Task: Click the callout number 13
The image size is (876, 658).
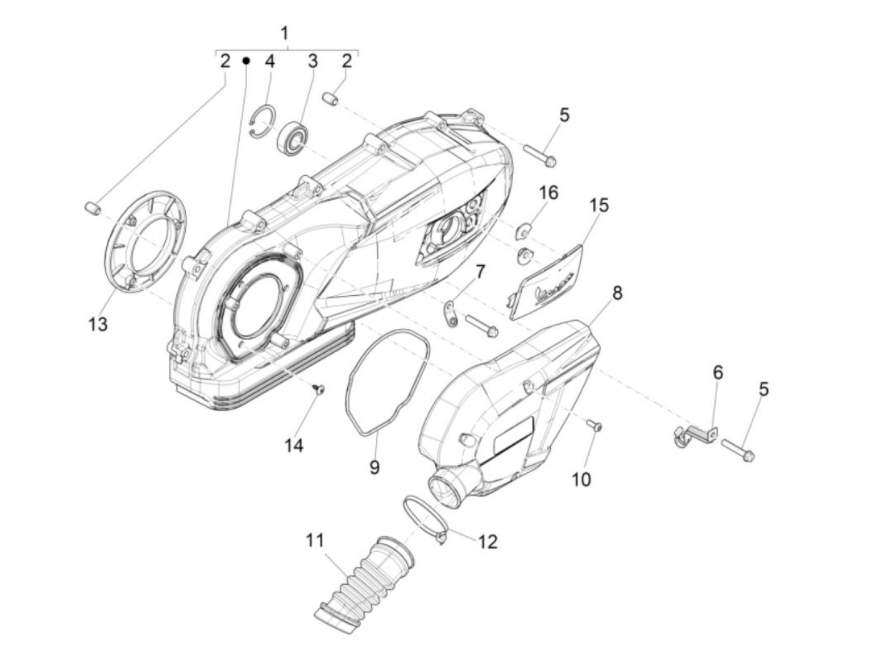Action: coord(98,324)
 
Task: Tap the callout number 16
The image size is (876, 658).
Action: coord(548,192)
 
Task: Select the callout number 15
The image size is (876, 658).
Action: coord(598,206)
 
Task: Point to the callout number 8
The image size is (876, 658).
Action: coord(617,293)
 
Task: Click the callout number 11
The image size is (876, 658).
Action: coord(316,540)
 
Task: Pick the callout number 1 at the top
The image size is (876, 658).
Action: coord(285,33)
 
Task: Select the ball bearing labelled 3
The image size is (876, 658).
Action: coord(292,137)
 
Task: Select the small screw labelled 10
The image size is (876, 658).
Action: coord(594,425)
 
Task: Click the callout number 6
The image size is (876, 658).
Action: coord(718,373)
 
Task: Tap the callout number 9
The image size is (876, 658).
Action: coord(374,467)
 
